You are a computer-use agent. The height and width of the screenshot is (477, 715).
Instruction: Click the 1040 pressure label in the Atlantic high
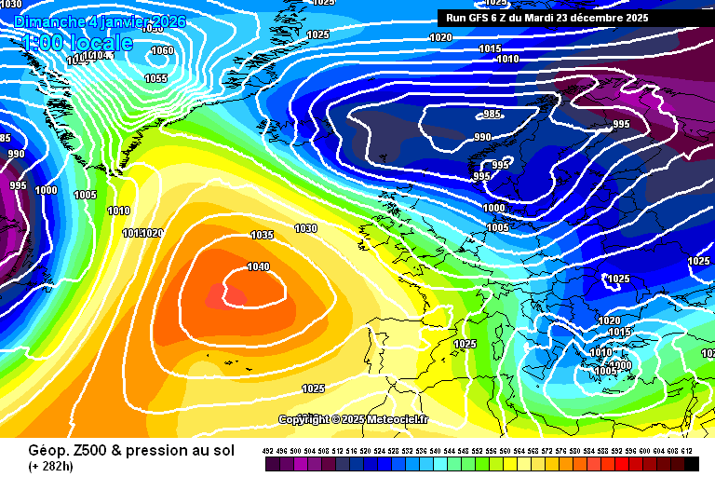pos(259,267)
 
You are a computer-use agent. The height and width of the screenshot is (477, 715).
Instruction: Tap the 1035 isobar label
pos(263,236)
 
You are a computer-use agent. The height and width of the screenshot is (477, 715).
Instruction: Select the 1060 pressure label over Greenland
pos(162,51)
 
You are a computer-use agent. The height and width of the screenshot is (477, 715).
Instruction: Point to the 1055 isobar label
pos(155,79)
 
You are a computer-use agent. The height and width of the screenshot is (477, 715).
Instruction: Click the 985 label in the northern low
pos(492,115)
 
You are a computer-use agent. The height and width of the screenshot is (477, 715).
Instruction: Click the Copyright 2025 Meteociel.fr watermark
pos(354,420)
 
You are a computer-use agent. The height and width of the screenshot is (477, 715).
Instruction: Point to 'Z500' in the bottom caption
pos(83,451)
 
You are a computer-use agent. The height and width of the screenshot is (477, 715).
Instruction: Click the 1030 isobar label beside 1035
pos(305,228)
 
